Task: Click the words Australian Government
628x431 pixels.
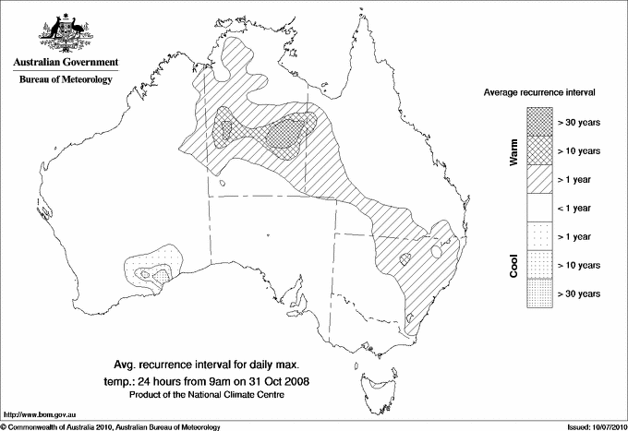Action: [65, 63]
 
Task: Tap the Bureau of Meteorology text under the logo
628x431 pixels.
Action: [65, 80]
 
